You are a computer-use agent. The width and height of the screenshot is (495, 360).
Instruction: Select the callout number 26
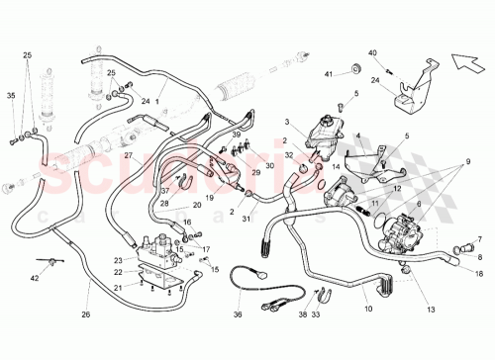pos(85,315)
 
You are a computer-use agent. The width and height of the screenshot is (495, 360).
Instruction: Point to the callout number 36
pos(238,315)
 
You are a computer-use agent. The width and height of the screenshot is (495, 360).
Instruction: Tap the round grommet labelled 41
pos(351,68)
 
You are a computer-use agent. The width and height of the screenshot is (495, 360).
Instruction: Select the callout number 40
pos(372,51)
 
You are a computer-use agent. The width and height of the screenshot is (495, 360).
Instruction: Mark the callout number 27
pos(128,156)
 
